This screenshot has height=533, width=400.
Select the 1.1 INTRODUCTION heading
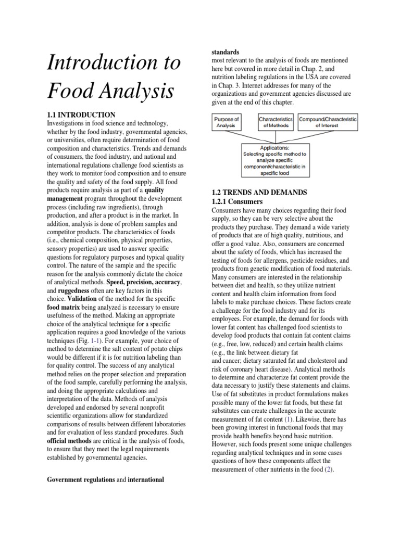[x=81, y=115]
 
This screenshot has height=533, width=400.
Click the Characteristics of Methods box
[x=276, y=122]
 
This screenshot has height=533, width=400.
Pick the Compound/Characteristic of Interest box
[x=328, y=122]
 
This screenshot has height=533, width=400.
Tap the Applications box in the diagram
[x=275, y=158]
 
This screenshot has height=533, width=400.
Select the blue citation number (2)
[x=328, y=469]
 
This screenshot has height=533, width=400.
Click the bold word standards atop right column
[x=226, y=53]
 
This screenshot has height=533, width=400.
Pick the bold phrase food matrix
[x=65, y=308]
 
